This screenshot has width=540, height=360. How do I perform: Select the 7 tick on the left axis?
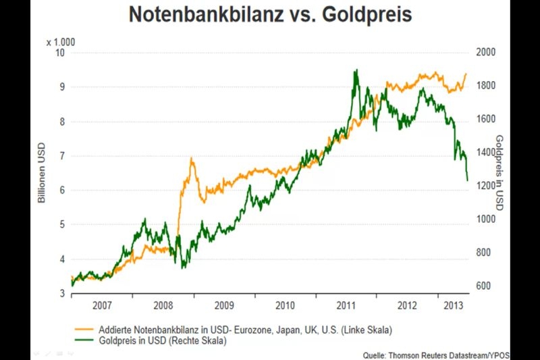(61, 156)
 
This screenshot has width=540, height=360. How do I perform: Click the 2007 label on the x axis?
(102, 305)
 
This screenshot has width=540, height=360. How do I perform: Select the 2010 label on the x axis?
(285, 305)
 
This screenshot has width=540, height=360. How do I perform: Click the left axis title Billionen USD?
(41, 173)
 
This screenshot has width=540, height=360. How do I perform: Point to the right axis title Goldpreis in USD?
(500, 172)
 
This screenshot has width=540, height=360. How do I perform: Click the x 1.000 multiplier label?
(61, 42)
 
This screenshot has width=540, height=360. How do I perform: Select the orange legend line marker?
(83, 330)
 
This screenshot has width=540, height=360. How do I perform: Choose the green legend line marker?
(83, 342)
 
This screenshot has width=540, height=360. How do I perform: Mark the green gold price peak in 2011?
(356, 70)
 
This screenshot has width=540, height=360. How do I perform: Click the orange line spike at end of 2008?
(192, 159)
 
